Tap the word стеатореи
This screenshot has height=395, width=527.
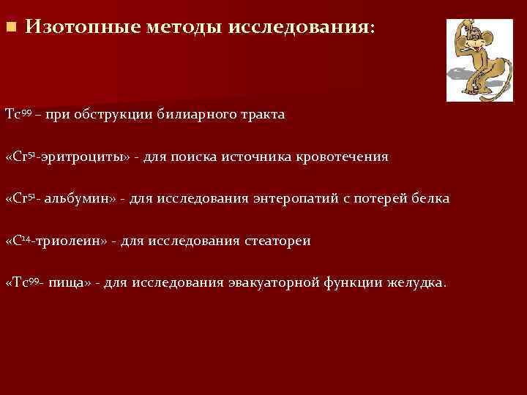point(277,241)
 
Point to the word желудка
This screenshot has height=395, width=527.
point(414,282)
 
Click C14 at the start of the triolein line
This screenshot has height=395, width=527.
point(19,240)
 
